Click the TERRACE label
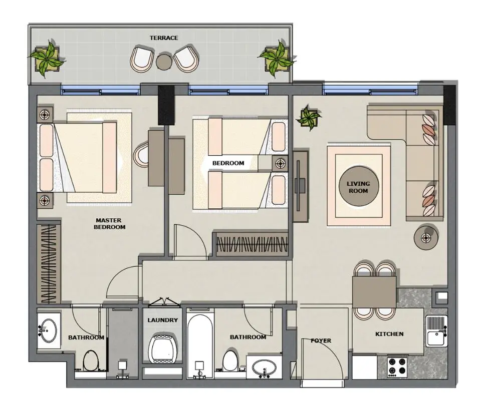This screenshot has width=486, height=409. pos(164,38)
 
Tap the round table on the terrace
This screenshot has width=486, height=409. pos(164,62)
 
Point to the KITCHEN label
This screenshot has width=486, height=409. pos(389,334)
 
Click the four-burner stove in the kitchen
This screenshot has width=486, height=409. pos(398,366)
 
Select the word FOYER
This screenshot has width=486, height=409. pos(321,341)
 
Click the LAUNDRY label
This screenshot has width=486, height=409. pos(162,320)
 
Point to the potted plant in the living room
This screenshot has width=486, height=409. pos(309,119)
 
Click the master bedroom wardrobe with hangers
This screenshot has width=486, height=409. pos(49,264)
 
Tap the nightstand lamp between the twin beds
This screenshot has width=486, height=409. pos(280,163)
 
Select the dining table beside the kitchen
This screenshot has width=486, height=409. pos(374,292)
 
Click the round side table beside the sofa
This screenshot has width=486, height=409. pos(427,236)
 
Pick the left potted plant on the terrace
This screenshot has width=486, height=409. pos(47,59)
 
